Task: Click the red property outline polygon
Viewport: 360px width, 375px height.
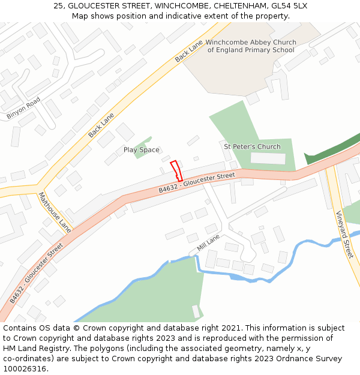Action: point(176,171)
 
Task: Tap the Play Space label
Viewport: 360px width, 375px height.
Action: point(141,150)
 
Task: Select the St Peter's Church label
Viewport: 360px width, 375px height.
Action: point(252,146)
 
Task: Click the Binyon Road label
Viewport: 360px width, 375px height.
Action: point(23,107)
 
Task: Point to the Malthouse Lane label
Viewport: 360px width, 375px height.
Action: point(55,212)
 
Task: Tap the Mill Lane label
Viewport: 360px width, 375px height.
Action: point(209,244)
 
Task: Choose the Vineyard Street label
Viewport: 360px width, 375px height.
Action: point(344,235)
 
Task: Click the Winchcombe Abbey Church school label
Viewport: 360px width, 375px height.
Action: point(251,46)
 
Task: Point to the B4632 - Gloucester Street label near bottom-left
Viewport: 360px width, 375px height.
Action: point(36,272)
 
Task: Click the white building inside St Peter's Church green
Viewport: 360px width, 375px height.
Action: point(268,158)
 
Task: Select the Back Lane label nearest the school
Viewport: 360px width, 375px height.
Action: point(189,52)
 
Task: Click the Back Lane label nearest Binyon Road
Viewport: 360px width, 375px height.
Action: point(101,125)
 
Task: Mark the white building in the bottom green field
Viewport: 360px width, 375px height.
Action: point(196,311)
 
